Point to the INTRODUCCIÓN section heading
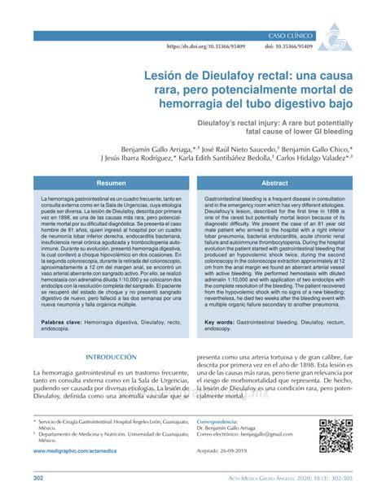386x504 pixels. (x=101, y=358)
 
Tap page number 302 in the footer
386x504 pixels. (x=38, y=479)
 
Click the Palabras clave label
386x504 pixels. (x=65, y=322)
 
